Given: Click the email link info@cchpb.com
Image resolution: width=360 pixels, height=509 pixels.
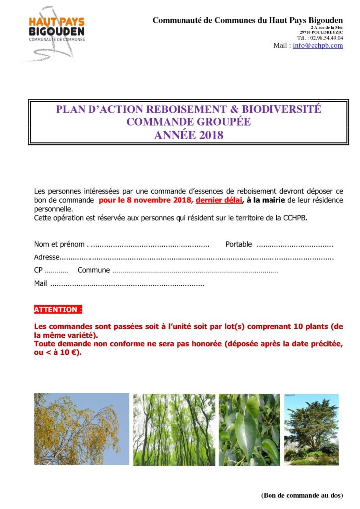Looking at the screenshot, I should [318, 45].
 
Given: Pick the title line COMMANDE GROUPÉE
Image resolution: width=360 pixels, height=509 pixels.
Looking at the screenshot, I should [188, 122].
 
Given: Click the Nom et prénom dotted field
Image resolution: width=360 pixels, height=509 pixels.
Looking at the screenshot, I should [148, 245].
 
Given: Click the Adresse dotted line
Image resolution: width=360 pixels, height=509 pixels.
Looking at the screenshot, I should [196, 258].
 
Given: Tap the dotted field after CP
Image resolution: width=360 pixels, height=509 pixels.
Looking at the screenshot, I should [57, 271].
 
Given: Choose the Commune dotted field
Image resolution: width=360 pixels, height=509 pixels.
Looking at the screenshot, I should [195, 271].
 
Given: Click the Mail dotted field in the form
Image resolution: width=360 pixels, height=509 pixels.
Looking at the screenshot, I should [127, 284].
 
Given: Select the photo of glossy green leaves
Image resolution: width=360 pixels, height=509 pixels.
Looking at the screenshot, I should [249, 429].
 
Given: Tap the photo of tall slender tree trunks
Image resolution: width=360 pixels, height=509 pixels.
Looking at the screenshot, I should [174, 429].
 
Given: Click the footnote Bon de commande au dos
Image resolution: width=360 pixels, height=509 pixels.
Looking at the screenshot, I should [301, 495].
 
